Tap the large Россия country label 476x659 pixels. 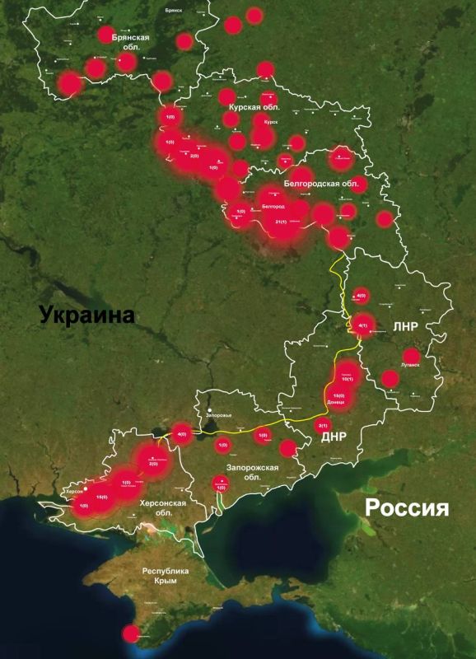click(x=407, y=506)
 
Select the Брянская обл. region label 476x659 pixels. click(x=130, y=43)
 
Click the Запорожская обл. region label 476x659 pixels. click(x=253, y=472)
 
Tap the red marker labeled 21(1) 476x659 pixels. click(x=281, y=222)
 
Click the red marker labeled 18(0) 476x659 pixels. click(x=338, y=397)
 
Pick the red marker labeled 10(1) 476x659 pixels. click(x=347, y=379)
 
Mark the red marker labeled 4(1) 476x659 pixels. click(x=362, y=325)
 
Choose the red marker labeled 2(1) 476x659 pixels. click(x=322, y=425)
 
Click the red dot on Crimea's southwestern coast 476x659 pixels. click(x=130, y=633)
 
